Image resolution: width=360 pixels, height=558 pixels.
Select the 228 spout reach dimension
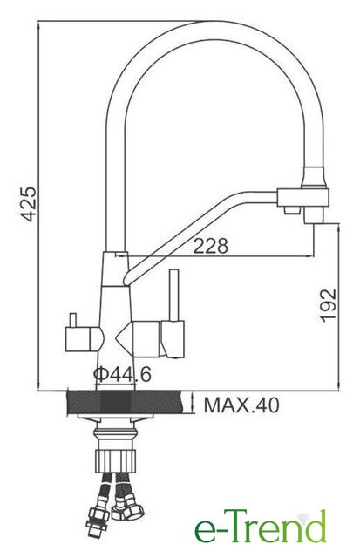pyautogui.click(x=210, y=246)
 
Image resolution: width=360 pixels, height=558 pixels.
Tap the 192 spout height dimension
pyautogui.click(x=328, y=306)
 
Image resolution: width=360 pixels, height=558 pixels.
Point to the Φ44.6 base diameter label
pyautogui.click(x=122, y=374)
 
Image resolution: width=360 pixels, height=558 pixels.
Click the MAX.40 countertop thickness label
pyautogui.click(x=241, y=405)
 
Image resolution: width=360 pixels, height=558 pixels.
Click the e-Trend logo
pyautogui.click(x=261, y=530)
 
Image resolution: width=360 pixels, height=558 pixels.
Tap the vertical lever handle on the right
pyautogui.click(x=174, y=296)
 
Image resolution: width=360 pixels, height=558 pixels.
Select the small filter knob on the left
pyautogui.click(x=73, y=320)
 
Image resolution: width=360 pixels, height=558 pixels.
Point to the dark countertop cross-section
pyautogui.click(x=126, y=403)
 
